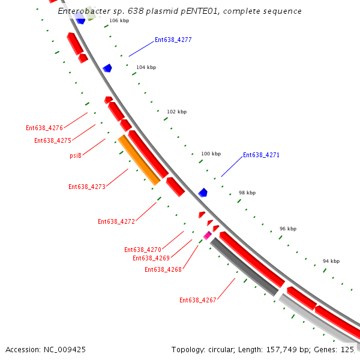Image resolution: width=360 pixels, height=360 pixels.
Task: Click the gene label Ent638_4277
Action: pyautogui.click(x=173, y=40)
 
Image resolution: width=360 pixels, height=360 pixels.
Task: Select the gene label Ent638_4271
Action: pyautogui.click(x=261, y=155)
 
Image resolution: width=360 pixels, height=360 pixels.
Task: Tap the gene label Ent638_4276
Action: pyautogui.click(x=44, y=128)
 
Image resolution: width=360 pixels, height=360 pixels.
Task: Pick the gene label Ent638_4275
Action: pyautogui.click(x=53, y=140)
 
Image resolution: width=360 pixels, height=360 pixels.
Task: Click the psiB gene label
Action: pyautogui.click(x=76, y=155)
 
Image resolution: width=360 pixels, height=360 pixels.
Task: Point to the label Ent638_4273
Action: pyautogui.click(x=87, y=187)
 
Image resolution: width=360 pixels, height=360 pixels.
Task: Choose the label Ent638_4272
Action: pyautogui.click(x=116, y=221)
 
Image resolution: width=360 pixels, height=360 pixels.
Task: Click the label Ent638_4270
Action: pyautogui.click(x=143, y=250)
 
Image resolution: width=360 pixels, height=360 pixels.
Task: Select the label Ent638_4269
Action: pyautogui.click(x=151, y=258)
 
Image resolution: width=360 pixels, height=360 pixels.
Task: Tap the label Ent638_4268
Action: pyautogui.click(x=163, y=269)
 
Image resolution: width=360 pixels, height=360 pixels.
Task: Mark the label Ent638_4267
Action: pyautogui.click(x=198, y=300)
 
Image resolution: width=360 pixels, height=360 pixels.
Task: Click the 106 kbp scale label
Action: pyautogui.click(x=119, y=20)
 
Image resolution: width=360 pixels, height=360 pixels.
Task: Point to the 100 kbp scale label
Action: pyautogui.click(x=211, y=154)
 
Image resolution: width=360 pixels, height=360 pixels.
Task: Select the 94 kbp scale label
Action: pyautogui.click(x=331, y=261)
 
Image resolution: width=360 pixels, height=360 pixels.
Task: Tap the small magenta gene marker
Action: pyautogui.click(x=208, y=235)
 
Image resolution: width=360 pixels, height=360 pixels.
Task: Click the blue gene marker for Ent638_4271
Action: pyautogui.click(x=203, y=193)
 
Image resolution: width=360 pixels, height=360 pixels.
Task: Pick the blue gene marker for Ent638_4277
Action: pyautogui.click(x=107, y=68)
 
